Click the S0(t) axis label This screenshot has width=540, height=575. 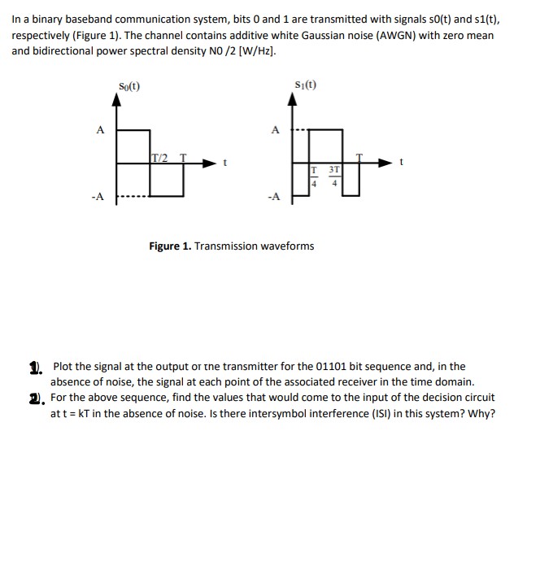(129, 85)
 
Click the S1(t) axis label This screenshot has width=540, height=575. (306, 85)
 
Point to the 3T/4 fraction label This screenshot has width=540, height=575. (333, 175)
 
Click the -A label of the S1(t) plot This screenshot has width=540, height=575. (274, 196)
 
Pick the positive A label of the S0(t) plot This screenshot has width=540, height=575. (99, 129)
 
